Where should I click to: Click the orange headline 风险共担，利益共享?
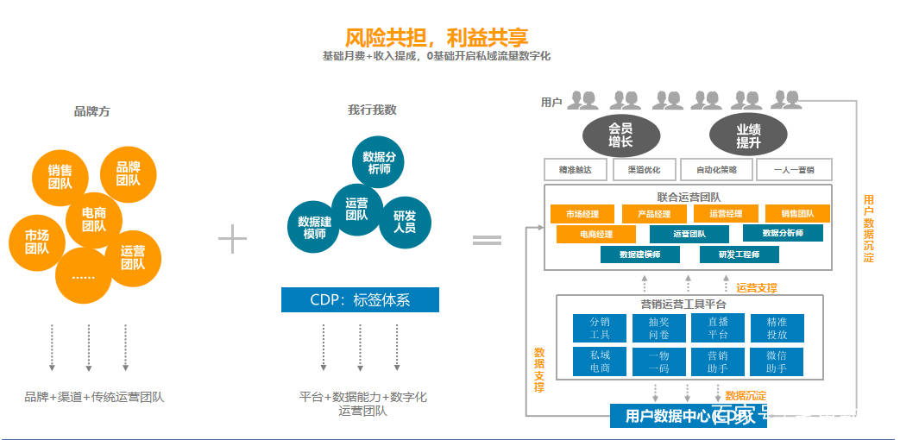[x=437, y=37]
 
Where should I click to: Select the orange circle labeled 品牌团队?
[x=129, y=174]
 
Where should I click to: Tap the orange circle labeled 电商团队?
[x=94, y=219]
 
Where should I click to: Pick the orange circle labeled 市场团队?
[x=36, y=242]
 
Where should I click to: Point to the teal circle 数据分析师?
[x=380, y=162]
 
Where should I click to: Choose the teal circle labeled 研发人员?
[x=404, y=222]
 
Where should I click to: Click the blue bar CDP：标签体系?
[x=360, y=300]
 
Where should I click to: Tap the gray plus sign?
[x=232, y=239]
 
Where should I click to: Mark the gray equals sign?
[x=487, y=240]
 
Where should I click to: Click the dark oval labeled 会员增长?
[x=620, y=135]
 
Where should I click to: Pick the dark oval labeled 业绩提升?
[x=748, y=135]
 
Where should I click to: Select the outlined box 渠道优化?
[x=644, y=170]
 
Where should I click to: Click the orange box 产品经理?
[x=653, y=213]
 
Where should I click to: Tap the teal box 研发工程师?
[x=740, y=255]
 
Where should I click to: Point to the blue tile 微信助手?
[x=777, y=361]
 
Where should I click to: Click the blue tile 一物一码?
[x=658, y=361]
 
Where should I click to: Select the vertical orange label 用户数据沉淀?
[x=869, y=229]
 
